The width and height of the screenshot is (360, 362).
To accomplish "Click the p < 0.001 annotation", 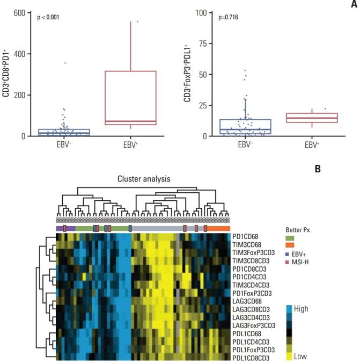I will point(49,18).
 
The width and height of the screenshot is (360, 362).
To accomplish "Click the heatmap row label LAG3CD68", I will point(247,302).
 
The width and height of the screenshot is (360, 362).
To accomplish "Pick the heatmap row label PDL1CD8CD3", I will point(251,357).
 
